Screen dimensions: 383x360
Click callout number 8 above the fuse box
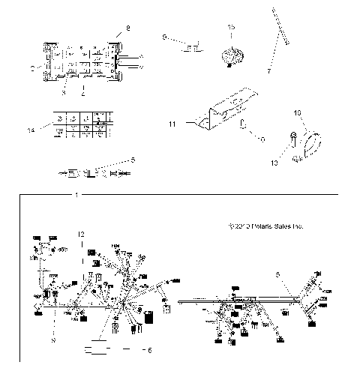pos(127,28)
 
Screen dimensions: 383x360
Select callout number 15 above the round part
pos(231,27)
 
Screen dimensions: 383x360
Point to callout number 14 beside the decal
pos(29,129)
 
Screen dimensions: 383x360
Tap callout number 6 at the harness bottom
pos(148,349)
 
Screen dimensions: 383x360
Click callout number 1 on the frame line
pos(77,194)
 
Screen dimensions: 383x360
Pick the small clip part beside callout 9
pos(193,48)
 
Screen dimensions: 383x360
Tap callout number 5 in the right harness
pos(278,275)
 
